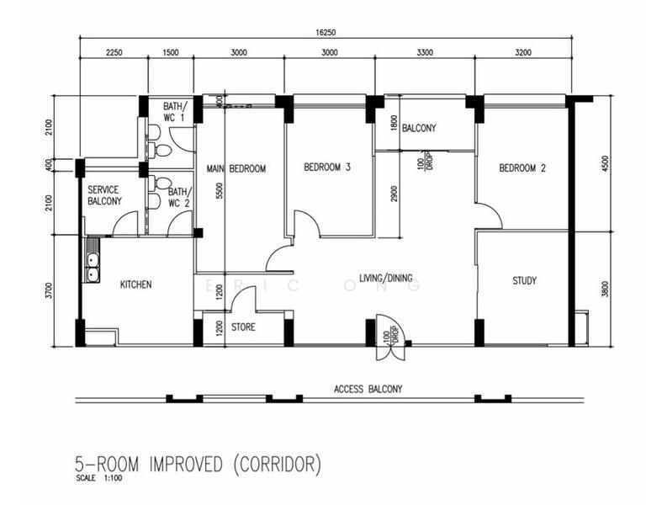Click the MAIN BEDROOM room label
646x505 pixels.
[236, 168]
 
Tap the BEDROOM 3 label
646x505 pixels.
[327, 167]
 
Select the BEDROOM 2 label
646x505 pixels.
[522, 167]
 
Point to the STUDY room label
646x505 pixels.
[525, 281]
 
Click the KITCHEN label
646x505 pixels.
[135, 284]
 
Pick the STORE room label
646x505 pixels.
[243, 327]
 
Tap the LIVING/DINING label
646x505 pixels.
[385, 279]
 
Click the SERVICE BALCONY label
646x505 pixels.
[104, 195]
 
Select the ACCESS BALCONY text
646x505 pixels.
[368, 389]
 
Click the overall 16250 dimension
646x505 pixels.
[326, 33]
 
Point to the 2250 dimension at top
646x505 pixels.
[114, 52]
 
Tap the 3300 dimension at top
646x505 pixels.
[425, 52]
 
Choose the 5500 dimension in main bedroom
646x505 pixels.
[220, 191]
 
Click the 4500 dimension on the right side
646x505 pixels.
[605, 163]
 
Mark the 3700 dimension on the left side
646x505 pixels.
[50, 291]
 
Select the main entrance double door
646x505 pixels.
[391, 338]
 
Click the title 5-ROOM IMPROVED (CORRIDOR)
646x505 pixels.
[198, 465]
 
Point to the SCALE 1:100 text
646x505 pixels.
[99, 479]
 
